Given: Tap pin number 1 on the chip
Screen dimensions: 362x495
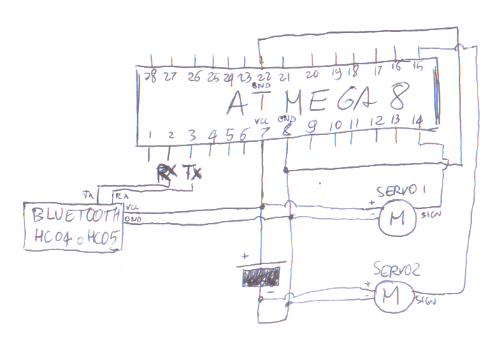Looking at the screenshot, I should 149,134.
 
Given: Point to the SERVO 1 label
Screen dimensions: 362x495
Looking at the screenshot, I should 401,191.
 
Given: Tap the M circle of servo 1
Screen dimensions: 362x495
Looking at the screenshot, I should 397,219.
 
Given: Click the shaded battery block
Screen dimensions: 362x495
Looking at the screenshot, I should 261,277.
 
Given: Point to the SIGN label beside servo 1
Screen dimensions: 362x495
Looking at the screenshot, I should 430,217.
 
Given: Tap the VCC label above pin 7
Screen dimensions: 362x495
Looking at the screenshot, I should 264,120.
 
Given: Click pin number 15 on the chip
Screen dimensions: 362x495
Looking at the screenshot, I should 418,66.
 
